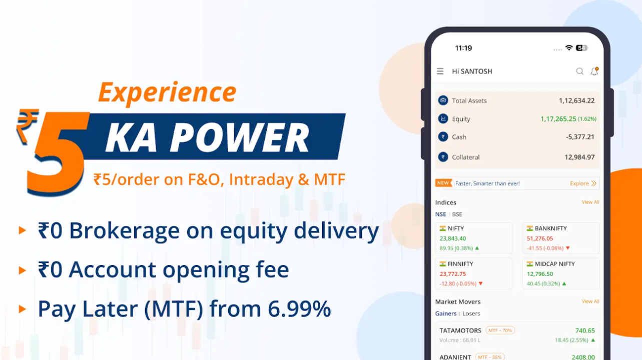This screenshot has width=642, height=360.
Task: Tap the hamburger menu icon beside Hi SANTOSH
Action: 440,71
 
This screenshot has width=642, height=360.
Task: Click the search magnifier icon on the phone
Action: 579,71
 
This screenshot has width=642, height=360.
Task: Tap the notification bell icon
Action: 594,71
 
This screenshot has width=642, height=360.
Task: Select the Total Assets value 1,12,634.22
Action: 576,100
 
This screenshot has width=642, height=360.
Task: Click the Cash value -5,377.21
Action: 580,137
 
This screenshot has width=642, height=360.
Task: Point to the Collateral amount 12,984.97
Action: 579,157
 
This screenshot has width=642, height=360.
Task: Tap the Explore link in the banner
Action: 583,183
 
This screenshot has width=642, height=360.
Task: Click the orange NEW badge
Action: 443,183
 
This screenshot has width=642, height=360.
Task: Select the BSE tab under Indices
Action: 457,214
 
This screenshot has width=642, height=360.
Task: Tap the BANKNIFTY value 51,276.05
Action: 540,238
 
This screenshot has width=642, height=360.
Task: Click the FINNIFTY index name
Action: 460,264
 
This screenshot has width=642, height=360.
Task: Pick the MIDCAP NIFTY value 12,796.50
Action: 540,274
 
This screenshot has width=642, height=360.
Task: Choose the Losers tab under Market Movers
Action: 471,313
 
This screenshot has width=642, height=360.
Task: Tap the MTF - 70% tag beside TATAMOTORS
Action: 500,330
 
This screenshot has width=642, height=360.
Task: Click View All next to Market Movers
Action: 590,301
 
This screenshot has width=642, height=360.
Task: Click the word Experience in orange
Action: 167,92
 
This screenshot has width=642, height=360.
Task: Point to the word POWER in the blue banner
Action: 240,137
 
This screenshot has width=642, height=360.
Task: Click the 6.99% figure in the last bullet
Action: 299,308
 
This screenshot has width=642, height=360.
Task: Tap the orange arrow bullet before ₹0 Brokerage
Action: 23,230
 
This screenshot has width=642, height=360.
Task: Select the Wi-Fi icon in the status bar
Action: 569,48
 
